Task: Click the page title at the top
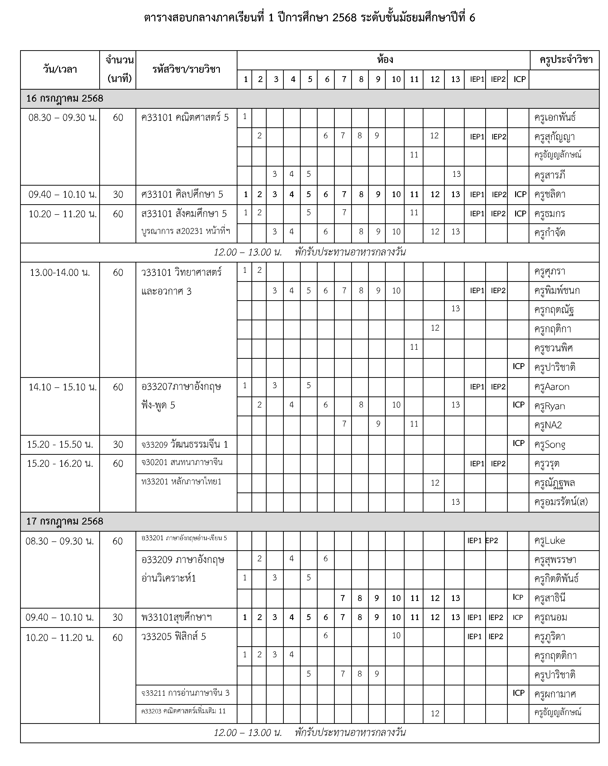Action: coord(309,18)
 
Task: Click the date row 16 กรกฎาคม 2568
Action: coord(65,98)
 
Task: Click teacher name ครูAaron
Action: coord(551,387)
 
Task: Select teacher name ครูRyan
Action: coord(549,406)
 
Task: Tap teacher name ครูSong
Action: coord(549,444)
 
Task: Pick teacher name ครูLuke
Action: coord(549,540)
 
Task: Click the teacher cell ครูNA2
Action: coord(547,425)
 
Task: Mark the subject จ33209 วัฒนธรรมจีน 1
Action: coord(185,444)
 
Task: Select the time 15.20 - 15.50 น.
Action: coord(60,444)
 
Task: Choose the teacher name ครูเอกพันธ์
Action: coord(555,118)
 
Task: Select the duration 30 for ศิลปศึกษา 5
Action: coord(118,194)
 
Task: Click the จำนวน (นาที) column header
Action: coord(119,69)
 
